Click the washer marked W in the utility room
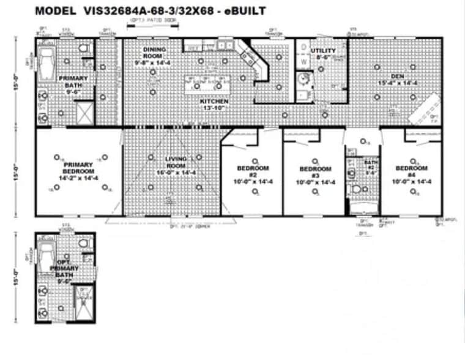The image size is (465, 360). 303,62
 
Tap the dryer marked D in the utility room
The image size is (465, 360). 303,47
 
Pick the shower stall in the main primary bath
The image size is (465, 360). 84,113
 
